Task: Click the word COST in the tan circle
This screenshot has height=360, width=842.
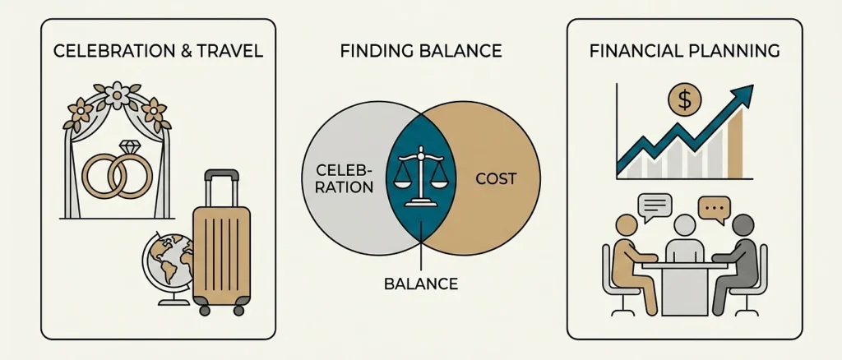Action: [x=496, y=178]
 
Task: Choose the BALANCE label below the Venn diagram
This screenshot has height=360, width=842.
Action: [x=421, y=284]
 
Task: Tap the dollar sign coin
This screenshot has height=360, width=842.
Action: [x=684, y=100]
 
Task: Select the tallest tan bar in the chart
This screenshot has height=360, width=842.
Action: [x=735, y=143]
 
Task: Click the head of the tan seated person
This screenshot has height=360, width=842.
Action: [x=627, y=225]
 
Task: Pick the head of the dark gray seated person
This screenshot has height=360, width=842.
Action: [x=743, y=225]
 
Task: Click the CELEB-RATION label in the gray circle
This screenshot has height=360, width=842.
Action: [x=345, y=179]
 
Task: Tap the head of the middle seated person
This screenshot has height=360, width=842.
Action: [x=685, y=225]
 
